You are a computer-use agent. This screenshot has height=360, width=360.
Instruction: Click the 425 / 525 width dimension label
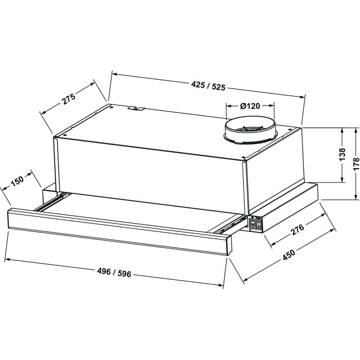[208, 86]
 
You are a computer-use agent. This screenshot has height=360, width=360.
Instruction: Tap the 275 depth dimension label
[68, 99]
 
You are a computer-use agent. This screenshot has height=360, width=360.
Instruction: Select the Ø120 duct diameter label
[250, 106]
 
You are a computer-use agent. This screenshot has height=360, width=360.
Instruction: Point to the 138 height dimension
[342, 154]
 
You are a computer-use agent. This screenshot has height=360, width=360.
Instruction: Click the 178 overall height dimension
[356, 164]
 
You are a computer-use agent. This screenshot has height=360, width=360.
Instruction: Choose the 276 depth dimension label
[298, 229]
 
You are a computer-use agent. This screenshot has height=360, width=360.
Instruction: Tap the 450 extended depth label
[289, 255]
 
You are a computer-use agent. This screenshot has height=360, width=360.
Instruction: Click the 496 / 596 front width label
[114, 273]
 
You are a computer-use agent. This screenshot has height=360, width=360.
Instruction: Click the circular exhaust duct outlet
[250, 131]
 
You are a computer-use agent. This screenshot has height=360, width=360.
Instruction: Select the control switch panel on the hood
[256, 223]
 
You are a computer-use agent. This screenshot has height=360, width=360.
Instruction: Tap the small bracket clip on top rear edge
[136, 108]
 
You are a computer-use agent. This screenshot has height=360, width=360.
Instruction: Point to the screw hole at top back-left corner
[111, 106]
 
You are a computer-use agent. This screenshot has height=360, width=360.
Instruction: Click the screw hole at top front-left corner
[64, 135]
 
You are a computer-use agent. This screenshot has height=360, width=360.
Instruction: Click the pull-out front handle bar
[120, 231]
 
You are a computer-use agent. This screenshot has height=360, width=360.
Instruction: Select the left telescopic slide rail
[51, 202]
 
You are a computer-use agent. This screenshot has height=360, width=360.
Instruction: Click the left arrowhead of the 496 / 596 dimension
[7, 260]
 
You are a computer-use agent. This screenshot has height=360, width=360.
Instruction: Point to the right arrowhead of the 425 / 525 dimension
[303, 97]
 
